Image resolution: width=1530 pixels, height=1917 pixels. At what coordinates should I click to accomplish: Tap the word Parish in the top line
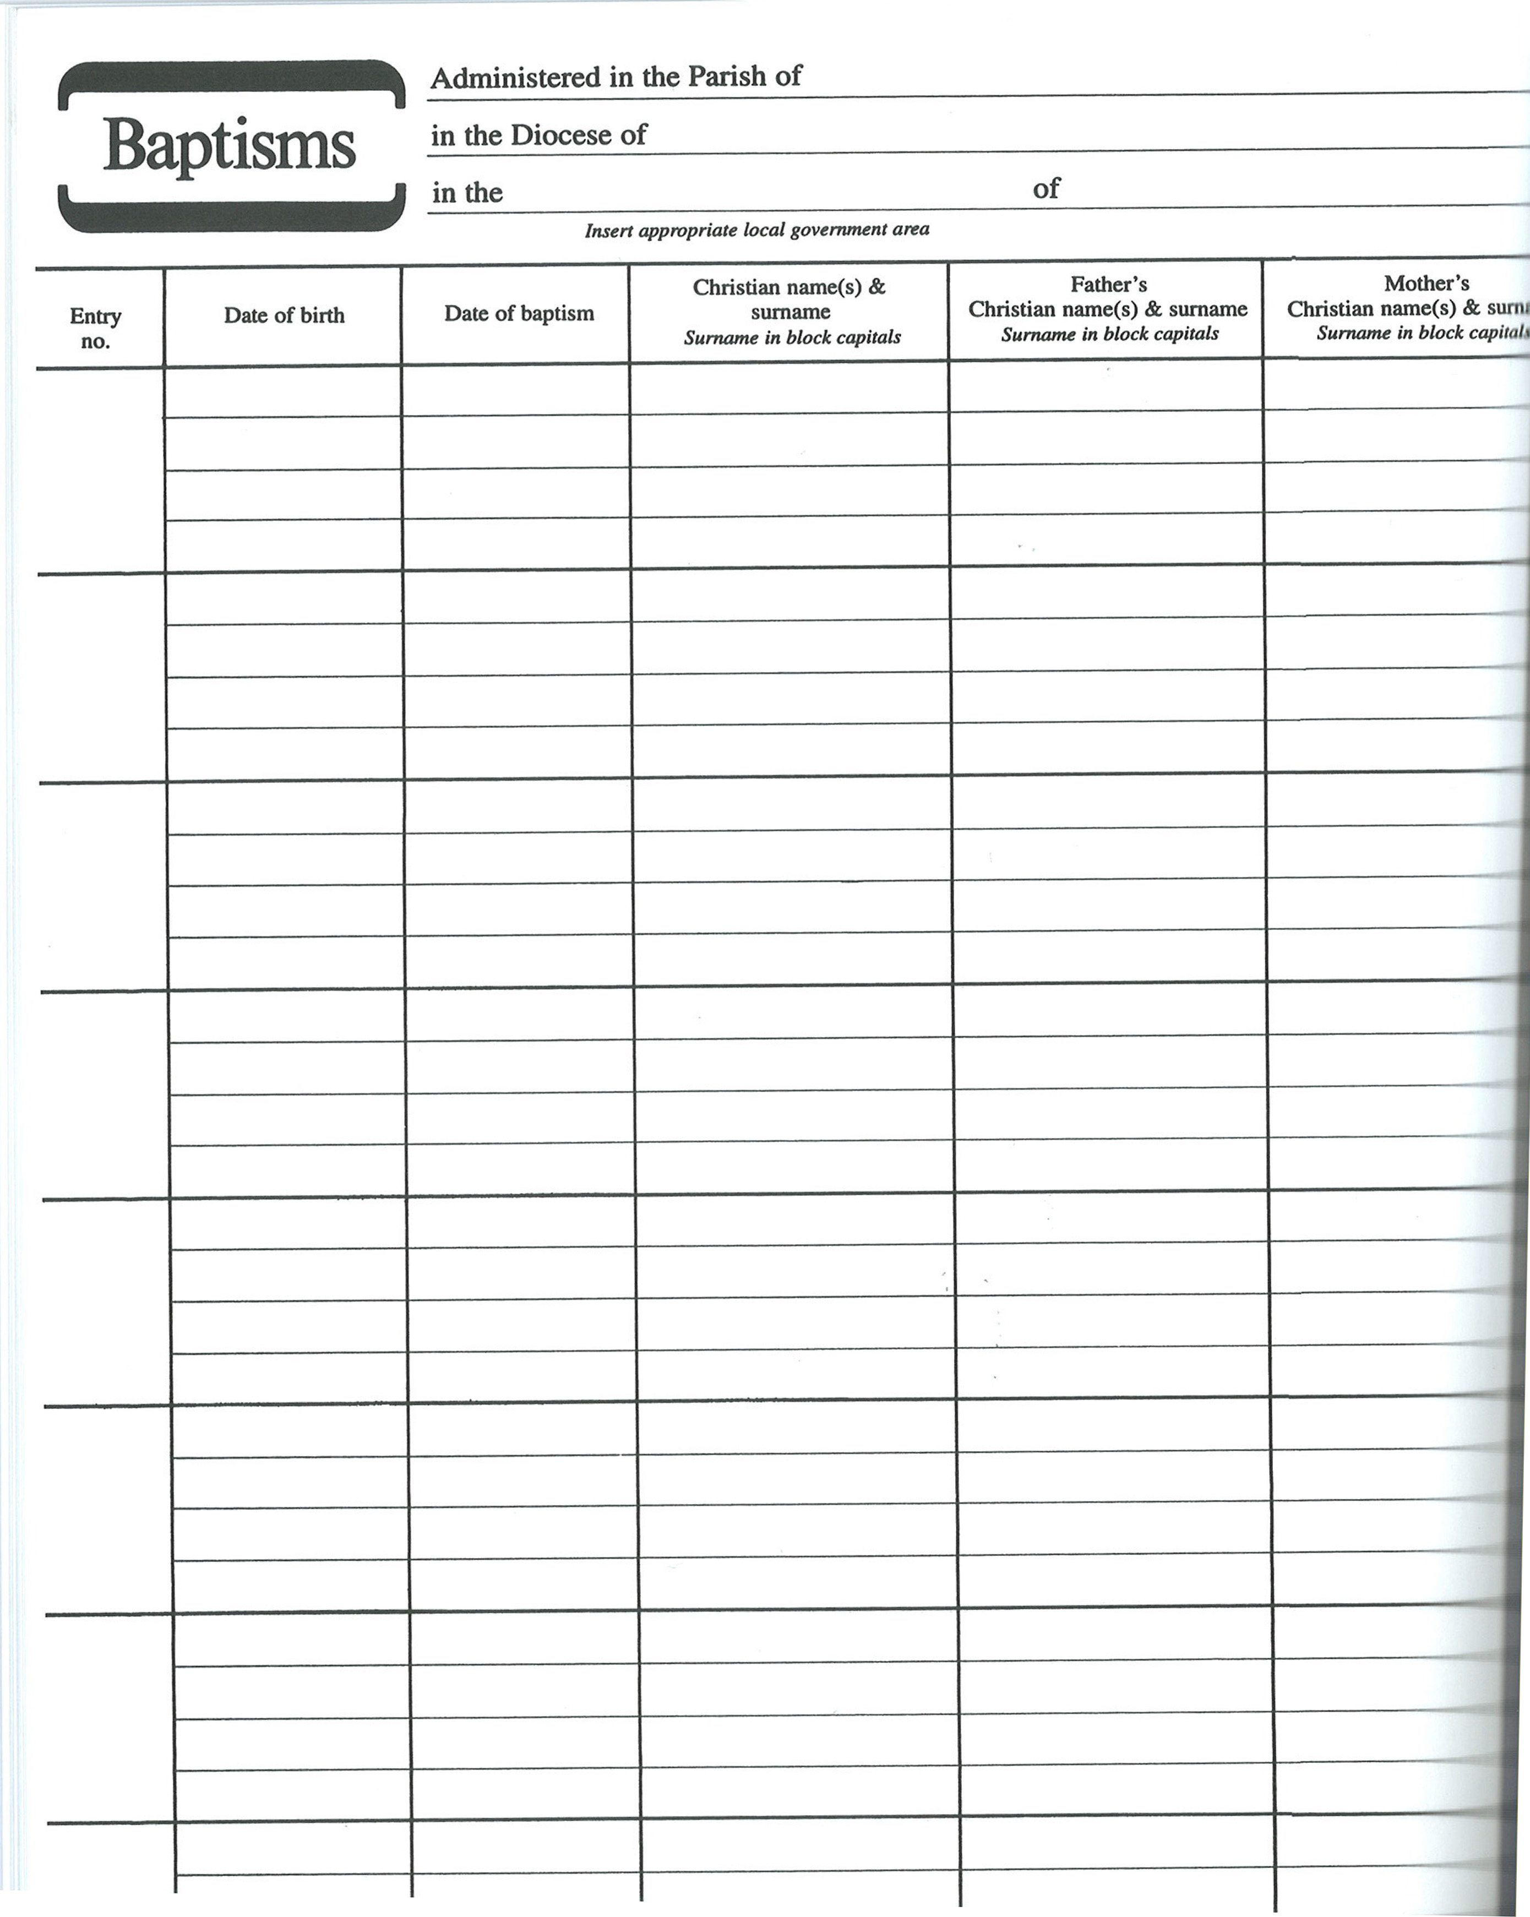727,77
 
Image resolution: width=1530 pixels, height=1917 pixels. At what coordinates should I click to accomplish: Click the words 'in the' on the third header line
467,193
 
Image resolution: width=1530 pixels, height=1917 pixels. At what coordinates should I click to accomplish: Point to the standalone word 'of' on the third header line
1047,188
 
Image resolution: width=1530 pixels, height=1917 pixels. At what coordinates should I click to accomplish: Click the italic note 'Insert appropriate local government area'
756,230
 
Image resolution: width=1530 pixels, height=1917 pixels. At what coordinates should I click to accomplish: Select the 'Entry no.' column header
95,328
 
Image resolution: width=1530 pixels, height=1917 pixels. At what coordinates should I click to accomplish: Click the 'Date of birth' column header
284,315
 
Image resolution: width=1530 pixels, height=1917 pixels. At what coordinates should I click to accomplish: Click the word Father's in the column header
1108,285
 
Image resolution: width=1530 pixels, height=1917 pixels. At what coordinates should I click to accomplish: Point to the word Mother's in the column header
1426,284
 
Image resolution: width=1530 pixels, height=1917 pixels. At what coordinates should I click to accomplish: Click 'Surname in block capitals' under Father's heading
1109,334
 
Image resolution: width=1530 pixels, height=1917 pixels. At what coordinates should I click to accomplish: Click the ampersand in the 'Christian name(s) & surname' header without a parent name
876,287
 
